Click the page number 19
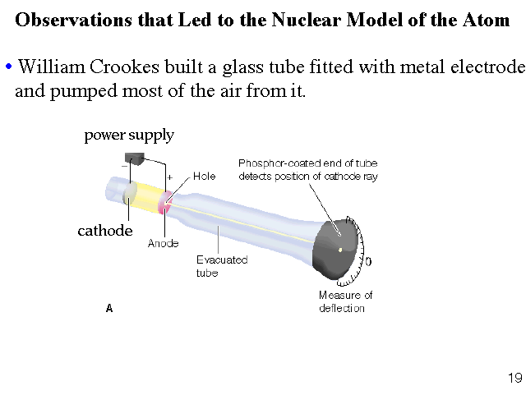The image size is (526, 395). tap(515, 378)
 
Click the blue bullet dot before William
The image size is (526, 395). tap(8, 67)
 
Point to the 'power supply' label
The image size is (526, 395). tap(129, 135)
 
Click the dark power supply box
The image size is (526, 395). tap(134, 157)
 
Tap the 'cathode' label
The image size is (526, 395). tap(105, 231)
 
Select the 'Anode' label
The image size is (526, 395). tap(163, 243)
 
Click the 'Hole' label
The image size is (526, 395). tap(205, 177)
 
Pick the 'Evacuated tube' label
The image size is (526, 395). tap(221, 266)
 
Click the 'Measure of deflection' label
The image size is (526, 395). tap(345, 301)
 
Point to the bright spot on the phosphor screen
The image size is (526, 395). tap(340, 249)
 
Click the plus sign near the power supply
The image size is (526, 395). tap(169, 177)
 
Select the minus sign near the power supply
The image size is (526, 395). tap(123, 165)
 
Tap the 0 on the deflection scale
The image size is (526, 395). tap(368, 261)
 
